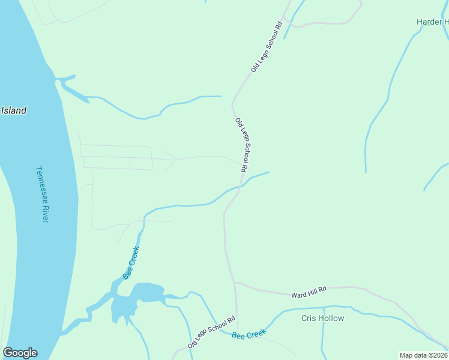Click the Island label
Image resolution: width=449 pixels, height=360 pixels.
click(x=14, y=110)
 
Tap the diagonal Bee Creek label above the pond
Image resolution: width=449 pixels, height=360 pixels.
click(x=131, y=262)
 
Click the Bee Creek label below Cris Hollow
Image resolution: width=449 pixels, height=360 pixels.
click(x=249, y=334)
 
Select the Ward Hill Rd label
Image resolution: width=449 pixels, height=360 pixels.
click(x=309, y=292)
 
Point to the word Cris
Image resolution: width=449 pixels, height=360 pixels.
click(x=309, y=318)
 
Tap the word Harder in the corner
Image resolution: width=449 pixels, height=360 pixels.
click(x=429, y=22)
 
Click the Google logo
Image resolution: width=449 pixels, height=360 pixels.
click(x=20, y=353)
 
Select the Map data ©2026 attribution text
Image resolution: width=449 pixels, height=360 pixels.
click(x=424, y=355)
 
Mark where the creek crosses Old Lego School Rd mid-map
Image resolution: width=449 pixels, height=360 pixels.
click(x=240, y=187)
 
